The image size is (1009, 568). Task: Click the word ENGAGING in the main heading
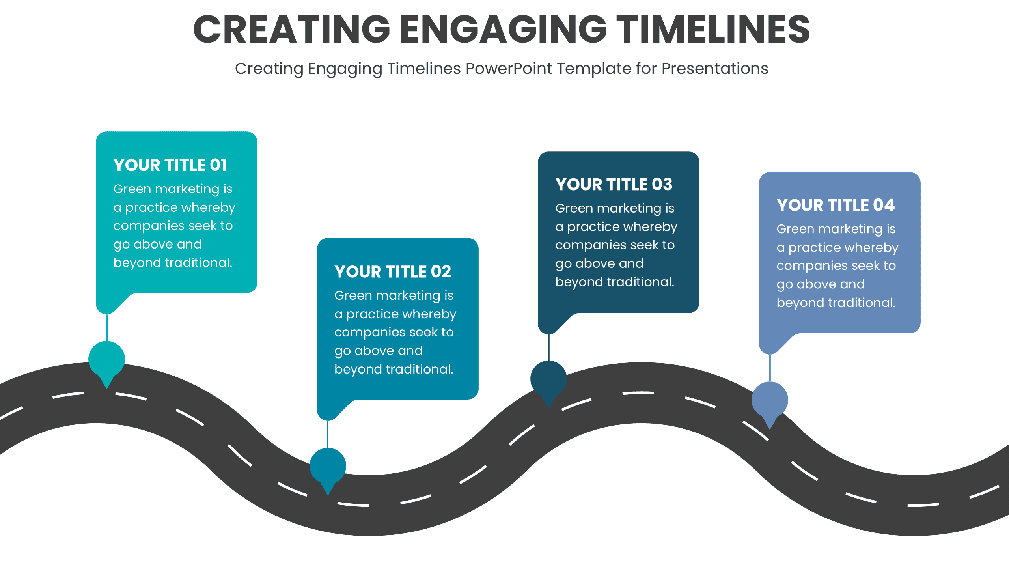[x=503, y=29]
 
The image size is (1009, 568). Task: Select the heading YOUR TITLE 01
[x=170, y=165]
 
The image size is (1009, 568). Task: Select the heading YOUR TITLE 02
[x=393, y=272]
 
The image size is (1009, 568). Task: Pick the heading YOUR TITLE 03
[x=614, y=185]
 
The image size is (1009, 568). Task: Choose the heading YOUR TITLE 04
[x=835, y=205]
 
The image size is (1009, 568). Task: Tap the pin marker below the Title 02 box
[x=328, y=466]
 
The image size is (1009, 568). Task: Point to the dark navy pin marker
[x=548, y=379]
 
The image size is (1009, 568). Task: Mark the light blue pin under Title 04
[x=770, y=400]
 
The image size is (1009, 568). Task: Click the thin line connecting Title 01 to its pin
[x=107, y=327]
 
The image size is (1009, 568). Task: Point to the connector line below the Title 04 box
[x=770, y=368]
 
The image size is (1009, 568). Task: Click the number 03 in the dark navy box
[x=662, y=185]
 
